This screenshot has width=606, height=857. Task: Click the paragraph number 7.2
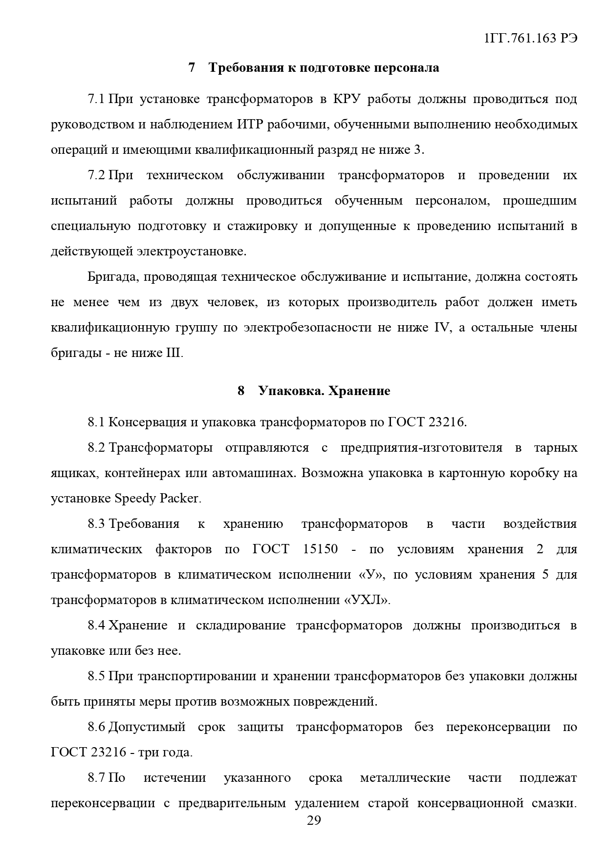(96, 175)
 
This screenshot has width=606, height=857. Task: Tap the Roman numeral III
(174, 353)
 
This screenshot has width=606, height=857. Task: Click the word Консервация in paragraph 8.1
(147, 422)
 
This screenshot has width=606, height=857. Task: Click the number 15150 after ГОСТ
(320, 549)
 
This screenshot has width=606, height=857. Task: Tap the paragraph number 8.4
(96, 626)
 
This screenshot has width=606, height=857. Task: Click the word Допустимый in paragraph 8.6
(147, 727)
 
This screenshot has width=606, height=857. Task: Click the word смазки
(553, 803)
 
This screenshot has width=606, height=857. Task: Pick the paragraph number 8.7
(96, 778)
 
